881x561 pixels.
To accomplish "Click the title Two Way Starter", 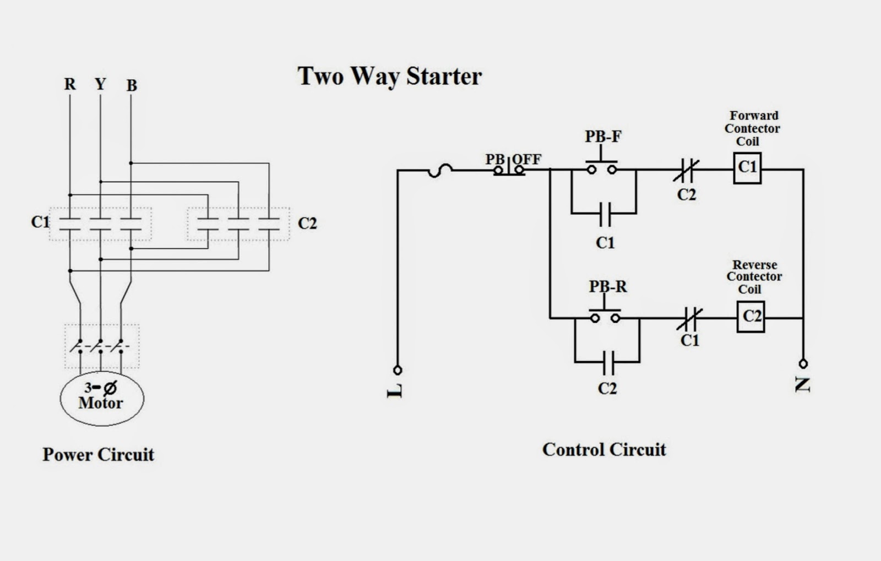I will pyautogui.click(x=389, y=76).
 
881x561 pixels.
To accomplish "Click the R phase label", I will pyautogui.click(x=69, y=84).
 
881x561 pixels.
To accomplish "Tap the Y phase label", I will pyautogui.click(x=100, y=84).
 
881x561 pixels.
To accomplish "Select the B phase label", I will pyautogui.click(x=132, y=86).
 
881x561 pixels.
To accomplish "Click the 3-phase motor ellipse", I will pyautogui.click(x=102, y=397).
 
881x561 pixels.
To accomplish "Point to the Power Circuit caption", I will pyautogui.click(x=98, y=455).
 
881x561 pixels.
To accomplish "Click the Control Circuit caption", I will pyautogui.click(x=603, y=450).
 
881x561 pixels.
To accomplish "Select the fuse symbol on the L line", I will pyautogui.click(x=440, y=171).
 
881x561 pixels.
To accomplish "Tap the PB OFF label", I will pyautogui.click(x=513, y=159).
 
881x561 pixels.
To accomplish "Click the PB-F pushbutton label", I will pyautogui.click(x=602, y=137).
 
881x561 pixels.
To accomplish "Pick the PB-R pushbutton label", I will pyautogui.click(x=607, y=287).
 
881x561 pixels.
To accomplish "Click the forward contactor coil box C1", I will pyautogui.click(x=747, y=167).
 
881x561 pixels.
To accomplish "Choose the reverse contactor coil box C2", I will pyautogui.click(x=751, y=317).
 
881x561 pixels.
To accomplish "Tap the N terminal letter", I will pyautogui.click(x=803, y=384).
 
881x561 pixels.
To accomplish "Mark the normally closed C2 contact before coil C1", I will pyautogui.click(x=687, y=170).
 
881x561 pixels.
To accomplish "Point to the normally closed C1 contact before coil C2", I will pyautogui.click(x=689, y=318).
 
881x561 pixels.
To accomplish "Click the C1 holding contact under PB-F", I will pyautogui.click(x=605, y=214).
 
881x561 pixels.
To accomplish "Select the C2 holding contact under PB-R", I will pyautogui.click(x=608, y=362).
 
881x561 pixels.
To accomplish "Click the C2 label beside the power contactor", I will pyautogui.click(x=307, y=224).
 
